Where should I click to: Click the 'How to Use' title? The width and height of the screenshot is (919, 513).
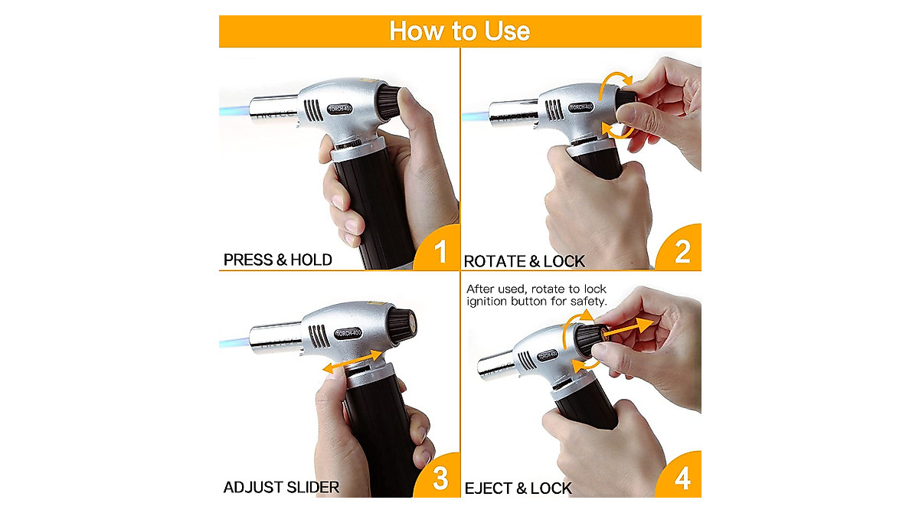click(459, 31)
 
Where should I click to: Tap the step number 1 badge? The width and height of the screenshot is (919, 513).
click(440, 252)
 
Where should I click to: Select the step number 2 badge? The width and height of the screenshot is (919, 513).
click(682, 252)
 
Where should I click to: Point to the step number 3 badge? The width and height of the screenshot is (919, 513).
click(440, 479)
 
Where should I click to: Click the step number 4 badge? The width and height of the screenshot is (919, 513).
click(682, 479)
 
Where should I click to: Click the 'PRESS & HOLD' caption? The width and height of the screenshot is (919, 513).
click(277, 260)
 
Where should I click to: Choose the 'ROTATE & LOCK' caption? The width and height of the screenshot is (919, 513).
click(524, 262)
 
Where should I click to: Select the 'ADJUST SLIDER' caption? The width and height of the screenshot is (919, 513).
click(280, 488)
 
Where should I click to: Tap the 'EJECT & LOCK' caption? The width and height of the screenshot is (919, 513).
click(518, 488)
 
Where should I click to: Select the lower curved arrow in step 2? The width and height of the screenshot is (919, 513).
click(616, 129)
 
